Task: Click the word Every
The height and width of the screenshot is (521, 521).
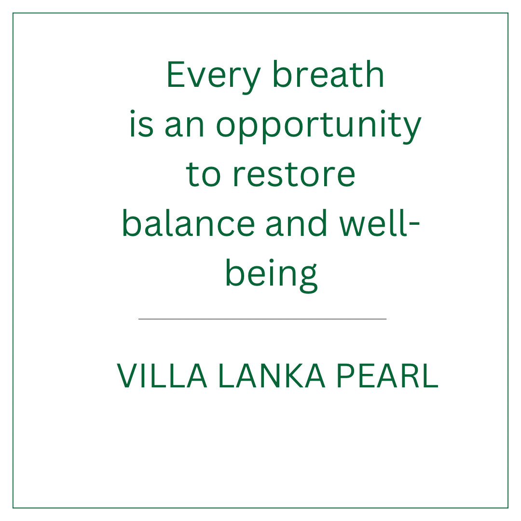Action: click(x=213, y=77)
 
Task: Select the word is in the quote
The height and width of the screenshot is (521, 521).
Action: click(x=141, y=123)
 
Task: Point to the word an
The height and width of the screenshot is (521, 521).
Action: click(x=184, y=125)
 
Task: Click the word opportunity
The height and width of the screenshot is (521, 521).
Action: click(x=319, y=126)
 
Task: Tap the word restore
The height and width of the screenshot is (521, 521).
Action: click(x=294, y=175)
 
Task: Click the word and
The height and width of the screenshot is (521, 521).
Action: click(x=296, y=222)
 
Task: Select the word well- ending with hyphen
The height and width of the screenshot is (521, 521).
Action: click(x=380, y=222)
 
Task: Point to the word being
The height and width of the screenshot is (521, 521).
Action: click(x=272, y=275)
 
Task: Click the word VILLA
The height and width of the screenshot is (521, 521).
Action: click(x=162, y=375)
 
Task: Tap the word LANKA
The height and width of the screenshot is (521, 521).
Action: click(x=272, y=375)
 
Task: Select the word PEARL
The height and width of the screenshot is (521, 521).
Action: click(x=387, y=375)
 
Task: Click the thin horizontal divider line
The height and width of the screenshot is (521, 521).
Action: click(x=262, y=319)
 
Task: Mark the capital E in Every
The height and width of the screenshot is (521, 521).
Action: click(x=176, y=74)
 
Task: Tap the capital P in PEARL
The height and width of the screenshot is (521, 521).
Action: click(x=346, y=375)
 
